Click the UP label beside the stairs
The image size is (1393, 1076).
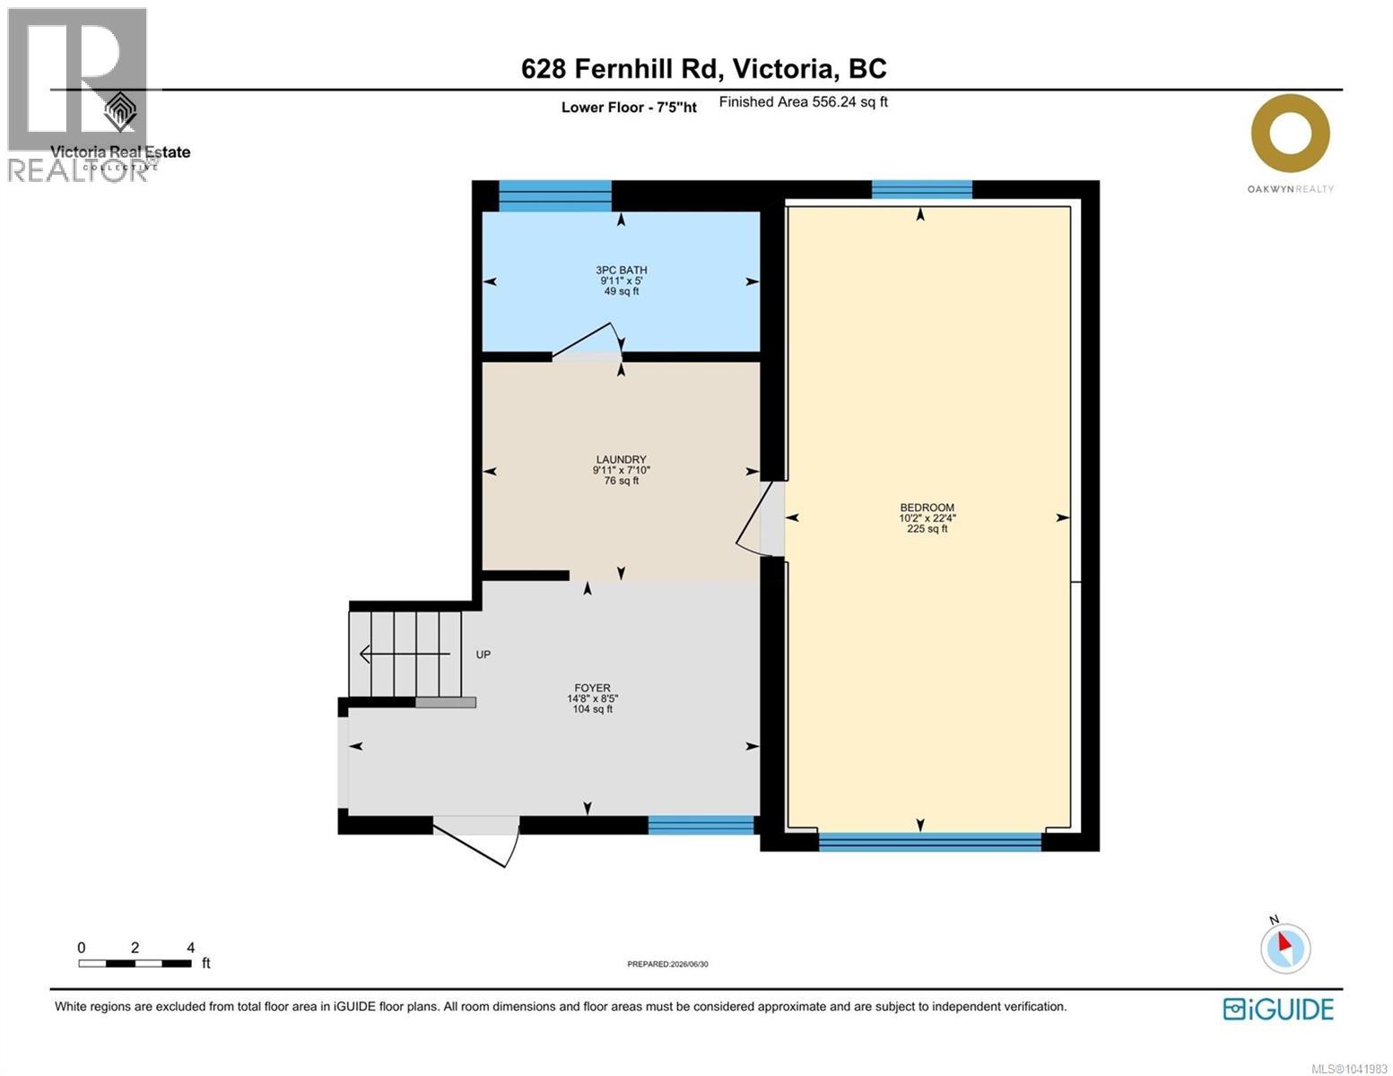(483, 655)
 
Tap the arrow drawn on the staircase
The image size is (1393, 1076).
(405, 655)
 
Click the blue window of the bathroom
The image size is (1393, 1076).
(554, 195)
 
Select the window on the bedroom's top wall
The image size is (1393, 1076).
(921, 190)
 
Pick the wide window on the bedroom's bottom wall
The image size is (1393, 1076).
(929, 841)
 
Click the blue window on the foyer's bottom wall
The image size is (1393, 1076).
(701, 825)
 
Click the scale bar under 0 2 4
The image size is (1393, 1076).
(135, 963)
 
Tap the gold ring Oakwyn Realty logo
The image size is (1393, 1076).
(1290, 134)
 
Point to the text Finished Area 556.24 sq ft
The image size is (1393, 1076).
(803, 102)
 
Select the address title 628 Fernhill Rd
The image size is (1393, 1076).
(622, 68)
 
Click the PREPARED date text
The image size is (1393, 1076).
(667, 964)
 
